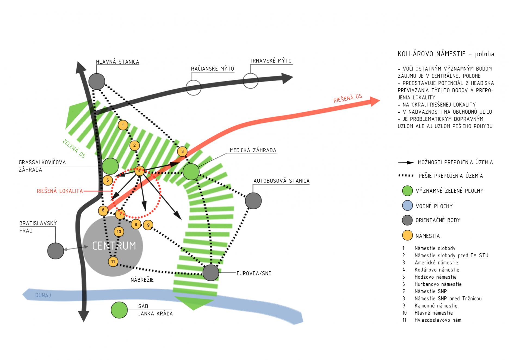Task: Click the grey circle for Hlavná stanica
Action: (97, 81)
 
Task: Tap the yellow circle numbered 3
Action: (182, 151)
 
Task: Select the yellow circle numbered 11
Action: (113, 262)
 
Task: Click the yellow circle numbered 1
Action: (123, 125)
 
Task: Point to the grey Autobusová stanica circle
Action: (253, 201)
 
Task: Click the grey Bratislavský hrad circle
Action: (55, 251)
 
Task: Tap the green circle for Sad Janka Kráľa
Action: (119, 310)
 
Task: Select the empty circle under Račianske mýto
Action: (193, 88)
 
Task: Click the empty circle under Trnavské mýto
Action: (250, 81)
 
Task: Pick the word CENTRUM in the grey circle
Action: (114, 246)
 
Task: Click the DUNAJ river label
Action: (43, 295)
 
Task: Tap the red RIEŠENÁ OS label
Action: (347, 98)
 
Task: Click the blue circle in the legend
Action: (407, 206)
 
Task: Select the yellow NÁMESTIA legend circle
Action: (407, 235)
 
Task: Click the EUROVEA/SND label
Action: (254, 274)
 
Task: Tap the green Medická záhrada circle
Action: (191, 172)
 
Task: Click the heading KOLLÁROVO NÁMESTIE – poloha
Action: (446, 54)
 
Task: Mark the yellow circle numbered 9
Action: (148, 225)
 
